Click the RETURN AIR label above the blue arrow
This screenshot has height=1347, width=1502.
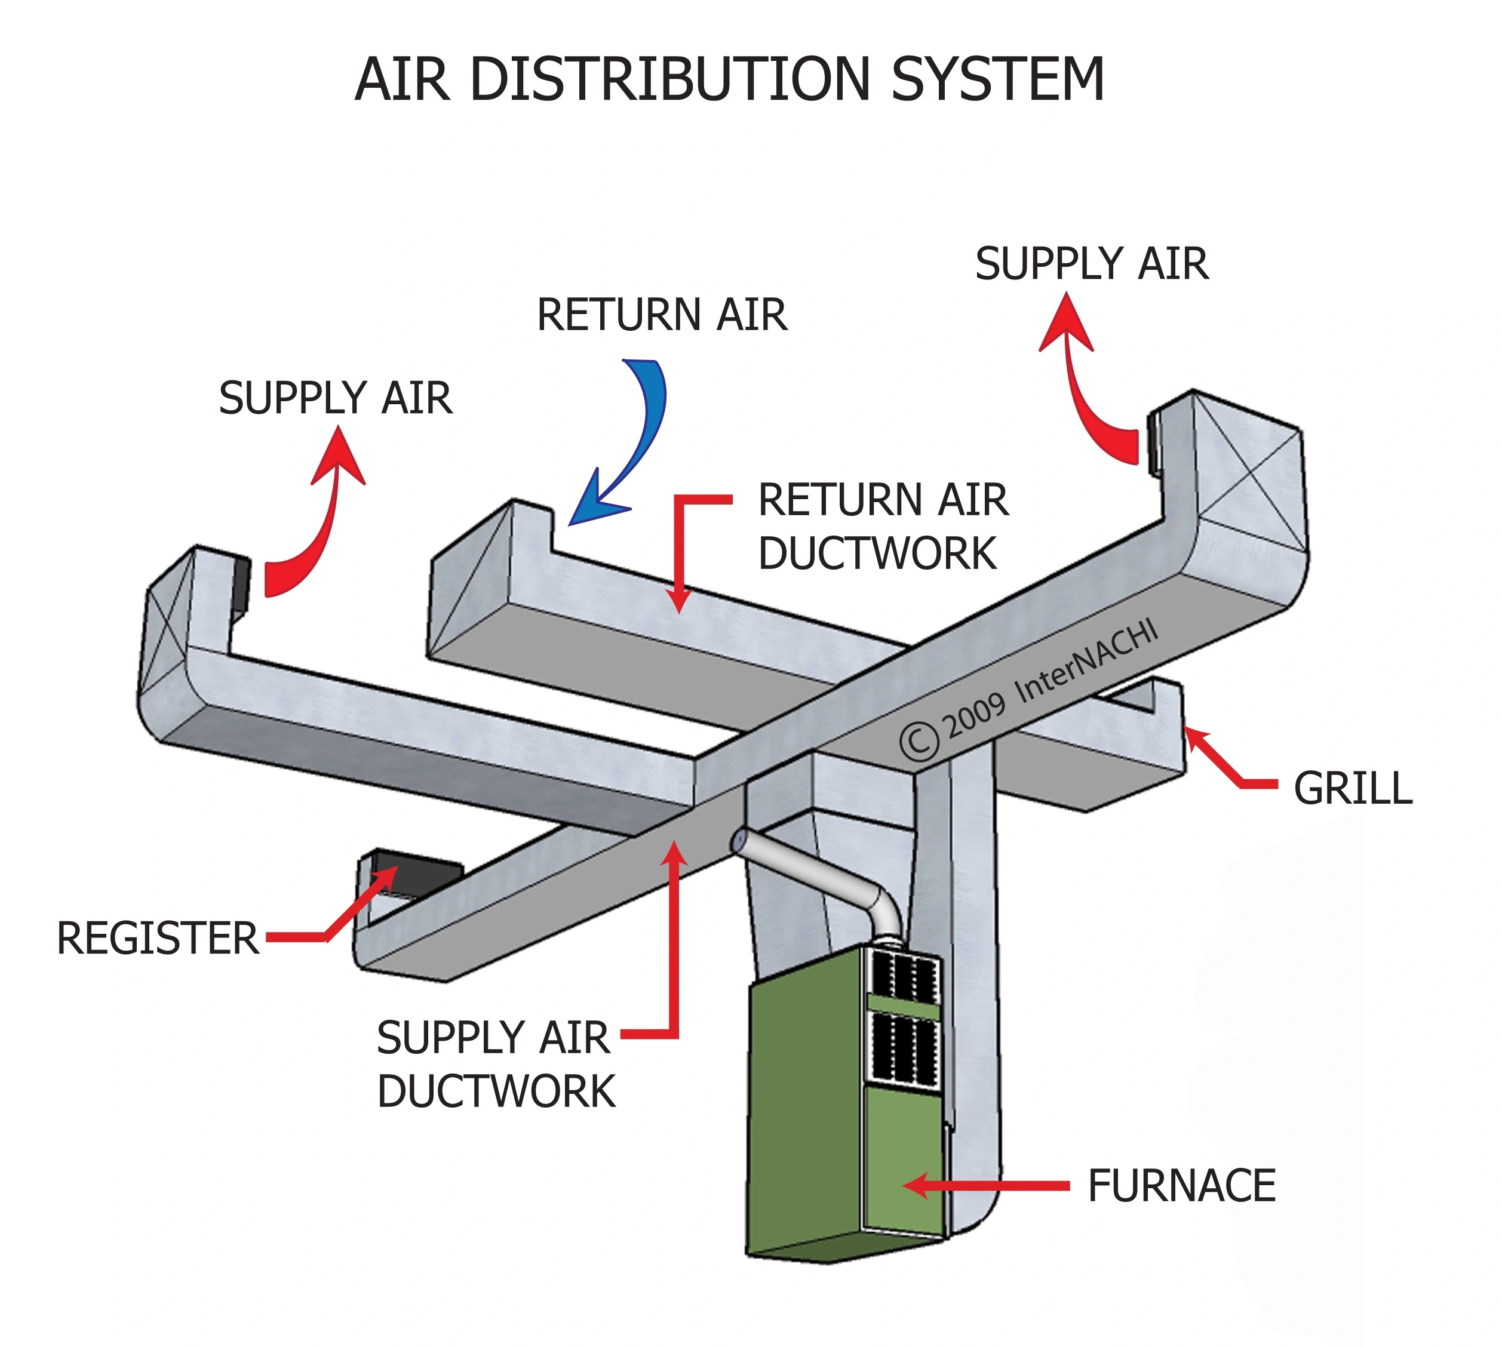click(x=661, y=315)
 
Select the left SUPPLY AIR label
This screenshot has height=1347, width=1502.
click(x=334, y=398)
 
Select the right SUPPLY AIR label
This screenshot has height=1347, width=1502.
click(x=1091, y=265)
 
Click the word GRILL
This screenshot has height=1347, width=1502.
click(x=1353, y=788)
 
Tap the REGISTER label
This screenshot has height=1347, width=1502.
click(x=158, y=939)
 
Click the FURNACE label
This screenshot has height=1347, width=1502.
click(x=1181, y=1186)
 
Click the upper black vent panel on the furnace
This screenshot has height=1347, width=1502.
click(x=903, y=976)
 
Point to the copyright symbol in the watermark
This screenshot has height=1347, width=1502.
click(x=919, y=742)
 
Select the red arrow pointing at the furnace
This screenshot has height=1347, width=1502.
click(x=985, y=1186)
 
